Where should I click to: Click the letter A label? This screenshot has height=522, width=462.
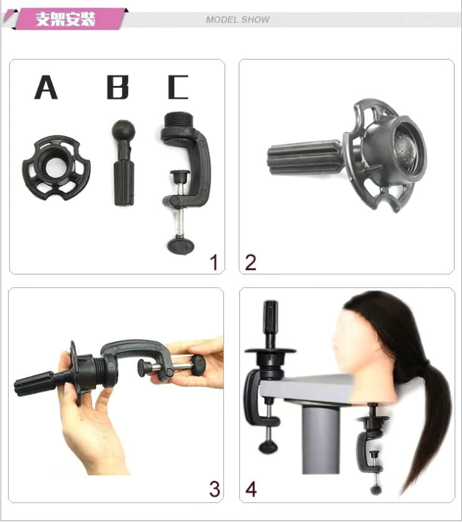(x=46, y=88)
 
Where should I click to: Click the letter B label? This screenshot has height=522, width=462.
(x=118, y=88)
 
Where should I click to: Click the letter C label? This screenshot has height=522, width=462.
(x=178, y=88)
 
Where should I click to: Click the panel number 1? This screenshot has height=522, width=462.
(x=214, y=263)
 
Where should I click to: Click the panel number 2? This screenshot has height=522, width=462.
(x=251, y=263)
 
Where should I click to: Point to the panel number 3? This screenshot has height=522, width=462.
(x=214, y=490)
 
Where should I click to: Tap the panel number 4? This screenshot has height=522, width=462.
(x=251, y=490)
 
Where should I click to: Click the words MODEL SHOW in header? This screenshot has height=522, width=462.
(x=238, y=20)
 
